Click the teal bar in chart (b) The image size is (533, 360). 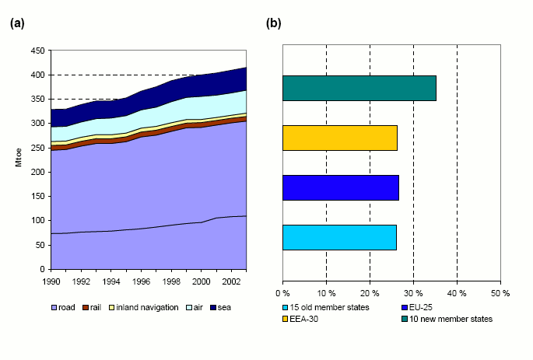(x=359, y=88)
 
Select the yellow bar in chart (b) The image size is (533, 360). (x=339, y=138)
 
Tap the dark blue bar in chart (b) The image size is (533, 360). (x=340, y=187)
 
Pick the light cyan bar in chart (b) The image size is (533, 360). (x=339, y=237)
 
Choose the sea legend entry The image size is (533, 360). (x=219, y=307)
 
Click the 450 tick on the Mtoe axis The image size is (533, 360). (x=37, y=51)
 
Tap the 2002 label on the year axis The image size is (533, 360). (x=231, y=281)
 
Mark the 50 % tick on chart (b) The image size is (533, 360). (x=500, y=293)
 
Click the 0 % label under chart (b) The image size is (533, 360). (x=282, y=293)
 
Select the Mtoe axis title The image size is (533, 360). (x=18, y=159)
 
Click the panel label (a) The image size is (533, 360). (x=17, y=23)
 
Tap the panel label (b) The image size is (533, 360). (x=274, y=23)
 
